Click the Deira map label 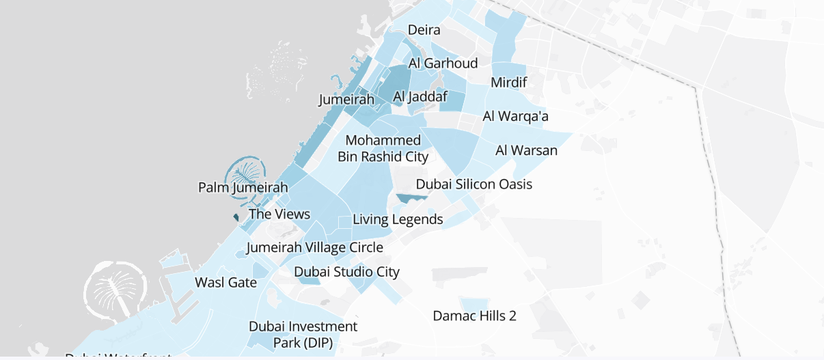[424, 30]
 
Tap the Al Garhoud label [443, 64]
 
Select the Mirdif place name [509, 83]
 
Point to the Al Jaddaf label [420, 98]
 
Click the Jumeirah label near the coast [347, 100]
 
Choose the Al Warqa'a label [515, 116]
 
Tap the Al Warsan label [526, 150]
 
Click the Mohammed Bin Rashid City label [383, 148]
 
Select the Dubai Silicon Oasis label [473, 184]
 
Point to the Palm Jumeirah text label [243, 187]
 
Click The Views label [279, 214]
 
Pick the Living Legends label [398, 220]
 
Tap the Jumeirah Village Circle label [315, 247]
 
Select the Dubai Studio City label [346, 272]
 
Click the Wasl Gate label [225, 283]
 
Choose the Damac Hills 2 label [474, 316]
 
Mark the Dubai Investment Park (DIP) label [303, 334]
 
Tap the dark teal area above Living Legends [413, 198]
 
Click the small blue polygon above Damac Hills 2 [474, 303]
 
